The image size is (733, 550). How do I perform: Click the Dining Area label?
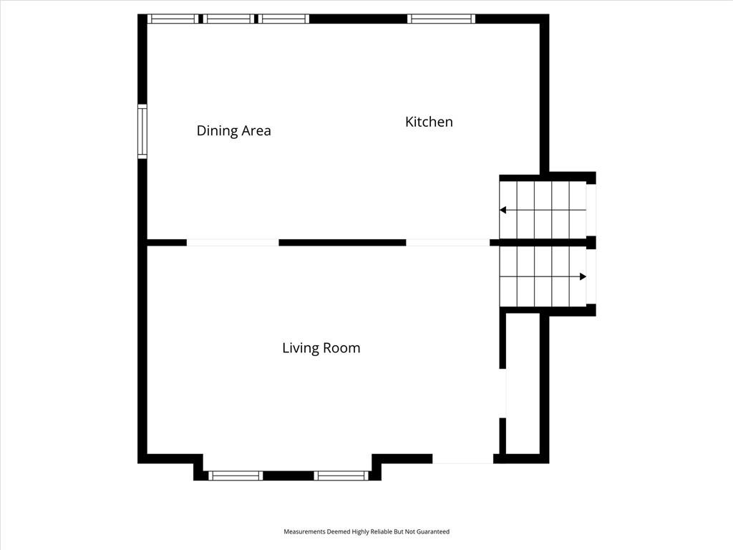point(234,130)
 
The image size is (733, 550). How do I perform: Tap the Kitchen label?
point(429,122)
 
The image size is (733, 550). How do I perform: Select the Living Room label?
point(321,348)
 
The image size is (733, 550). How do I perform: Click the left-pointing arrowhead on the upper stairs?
point(503,210)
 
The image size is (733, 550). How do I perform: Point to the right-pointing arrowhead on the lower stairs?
point(583,276)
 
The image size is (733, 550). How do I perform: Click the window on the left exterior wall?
point(142,132)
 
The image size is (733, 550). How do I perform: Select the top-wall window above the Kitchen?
point(441,19)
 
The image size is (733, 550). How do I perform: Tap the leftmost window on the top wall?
point(173,19)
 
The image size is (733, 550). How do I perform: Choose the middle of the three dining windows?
point(229,19)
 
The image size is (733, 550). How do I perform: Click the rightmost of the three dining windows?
point(283,19)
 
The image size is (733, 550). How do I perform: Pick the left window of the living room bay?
point(236,476)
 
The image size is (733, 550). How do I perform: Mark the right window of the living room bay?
point(341,476)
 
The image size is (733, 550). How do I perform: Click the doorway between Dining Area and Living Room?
point(233,243)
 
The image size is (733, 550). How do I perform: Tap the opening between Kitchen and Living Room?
point(448,243)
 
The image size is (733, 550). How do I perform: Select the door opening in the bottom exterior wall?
point(463,459)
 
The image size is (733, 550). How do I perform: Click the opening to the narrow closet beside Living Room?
point(503,393)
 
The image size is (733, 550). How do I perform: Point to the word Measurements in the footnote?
point(304,532)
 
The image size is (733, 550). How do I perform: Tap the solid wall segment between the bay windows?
point(288,476)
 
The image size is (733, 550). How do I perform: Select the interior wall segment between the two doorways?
point(343,243)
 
